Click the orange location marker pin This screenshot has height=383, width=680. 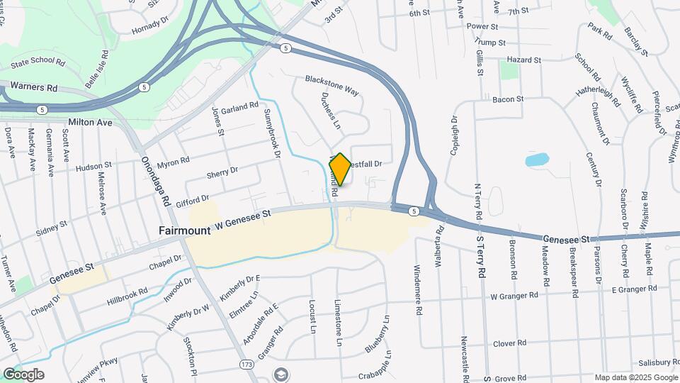coord(340,169)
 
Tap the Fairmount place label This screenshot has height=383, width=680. coord(184,231)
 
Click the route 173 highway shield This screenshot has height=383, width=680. coord(246,365)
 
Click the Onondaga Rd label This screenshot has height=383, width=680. coord(157,181)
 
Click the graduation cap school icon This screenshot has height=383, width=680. coord(281,374)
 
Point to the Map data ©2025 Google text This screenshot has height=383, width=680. coord(635,378)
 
